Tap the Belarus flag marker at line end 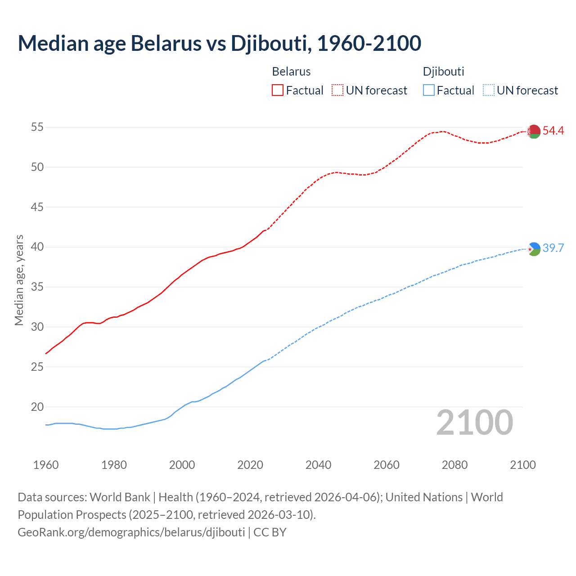pyautogui.click(x=534, y=131)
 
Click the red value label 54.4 pyautogui.click(x=553, y=131)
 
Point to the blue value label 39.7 pyautogui.click(x=553, y=248)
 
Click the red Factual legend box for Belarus pyautogui.click(x=278, y=90)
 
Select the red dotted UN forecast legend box pyautogui.click(x=337, y=90)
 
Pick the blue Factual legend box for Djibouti pyautogui.click(x=429, y=90)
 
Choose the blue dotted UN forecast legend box pyautogui.click(x=488, y=90)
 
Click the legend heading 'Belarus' pyautogui.click(x=291, y=72)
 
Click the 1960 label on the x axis pyautogui.click(x=46, y=465)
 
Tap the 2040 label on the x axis pyautogui.click(x=318, y=465)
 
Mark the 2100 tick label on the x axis pyautogui.click(x=522, y=465)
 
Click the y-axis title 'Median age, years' pyautogui.click(x=19, y=280)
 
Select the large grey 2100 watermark pyautogui.click(x=474, y=423)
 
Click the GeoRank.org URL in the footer pyautogui.click(x=131, y=532)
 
